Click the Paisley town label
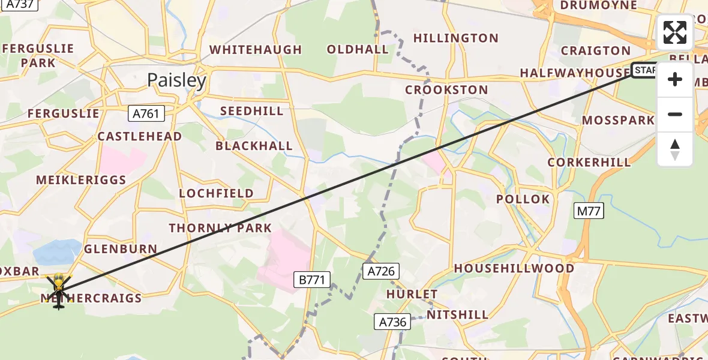coord(176,80)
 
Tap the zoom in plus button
coord(675,79)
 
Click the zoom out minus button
coord(675,114)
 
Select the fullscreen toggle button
coord(675,32)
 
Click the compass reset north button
coord(675,149)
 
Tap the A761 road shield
coord(146,112)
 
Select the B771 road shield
coord(312,278)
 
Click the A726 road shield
coord(380,271)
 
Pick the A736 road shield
coord(392,322)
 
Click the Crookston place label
coord(446,90)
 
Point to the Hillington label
coord(456,38)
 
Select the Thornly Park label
coord(220,228)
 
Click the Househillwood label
coord(514,268)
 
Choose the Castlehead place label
coord(140,136)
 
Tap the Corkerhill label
coord(589,162)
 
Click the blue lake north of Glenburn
coord(58,251)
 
